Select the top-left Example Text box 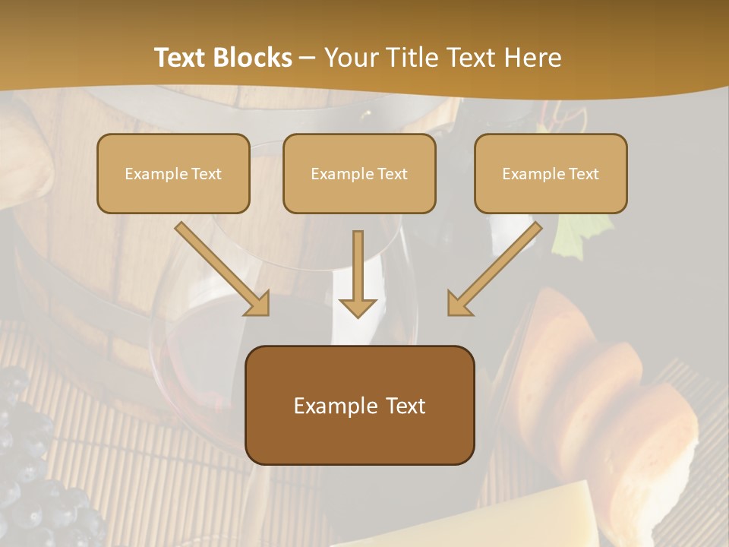click(173, 173)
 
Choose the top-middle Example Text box click(359, 173)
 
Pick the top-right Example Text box click(551, 173)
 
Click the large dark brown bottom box click(360, 405)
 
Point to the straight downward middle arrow click(358, 270)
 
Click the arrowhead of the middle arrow click(358, 306)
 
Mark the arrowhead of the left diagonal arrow click(256, 303)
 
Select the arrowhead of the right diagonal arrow click(460, 303)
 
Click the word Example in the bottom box click(334, 406)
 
